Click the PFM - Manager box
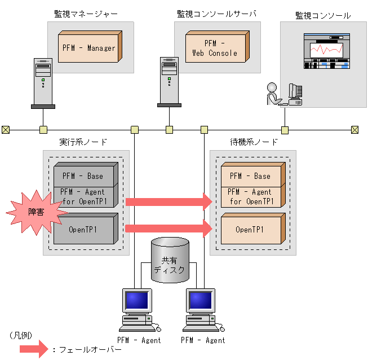click(x=89, y=48)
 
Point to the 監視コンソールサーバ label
click(x=216, y=14)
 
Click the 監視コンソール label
click(x=323, y=15)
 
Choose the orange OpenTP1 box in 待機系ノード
click(x=250, y=230)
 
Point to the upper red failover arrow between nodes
click(x=168, y=201)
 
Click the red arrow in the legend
click(x=33, y=349)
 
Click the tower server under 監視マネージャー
click(x=43, y=82)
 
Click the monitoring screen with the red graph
click(x=327, y=51)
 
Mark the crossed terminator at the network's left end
click(x=6, y=130)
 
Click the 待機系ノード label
click(x=254, y=142)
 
